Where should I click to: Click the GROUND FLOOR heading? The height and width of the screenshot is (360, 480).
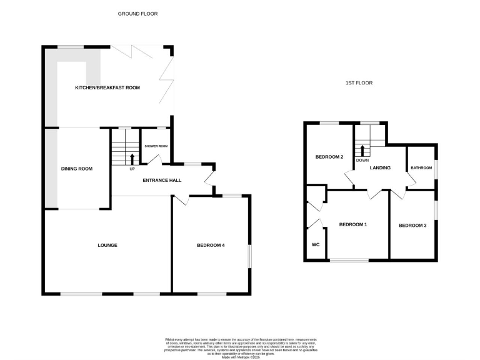pos(137,13)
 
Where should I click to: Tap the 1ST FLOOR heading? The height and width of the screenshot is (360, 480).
pos(359,83)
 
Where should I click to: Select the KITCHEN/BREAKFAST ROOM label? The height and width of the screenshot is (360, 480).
pos(107,88)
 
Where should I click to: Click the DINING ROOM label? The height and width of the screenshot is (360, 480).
pos(76,169)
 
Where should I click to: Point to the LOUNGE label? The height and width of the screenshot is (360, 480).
pos(107,245)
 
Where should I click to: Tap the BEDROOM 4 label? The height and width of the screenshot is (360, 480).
pos(211,245)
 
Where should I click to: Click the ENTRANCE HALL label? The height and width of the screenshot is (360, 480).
pos(162,181)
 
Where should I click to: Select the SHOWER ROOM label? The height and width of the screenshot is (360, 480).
pos(156,146)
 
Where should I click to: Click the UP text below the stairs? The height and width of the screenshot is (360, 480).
pos(132,169)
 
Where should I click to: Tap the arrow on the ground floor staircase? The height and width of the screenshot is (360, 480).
pos(132,157)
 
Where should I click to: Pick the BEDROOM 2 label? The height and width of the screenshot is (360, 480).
pos(329,157)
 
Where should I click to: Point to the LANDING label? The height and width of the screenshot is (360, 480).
pos(380,167)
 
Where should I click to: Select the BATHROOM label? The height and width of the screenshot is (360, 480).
pos(421,167)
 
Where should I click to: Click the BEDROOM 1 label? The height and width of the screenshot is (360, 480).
pos(352,224)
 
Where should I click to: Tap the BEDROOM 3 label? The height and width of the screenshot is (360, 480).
pos(412,225)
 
